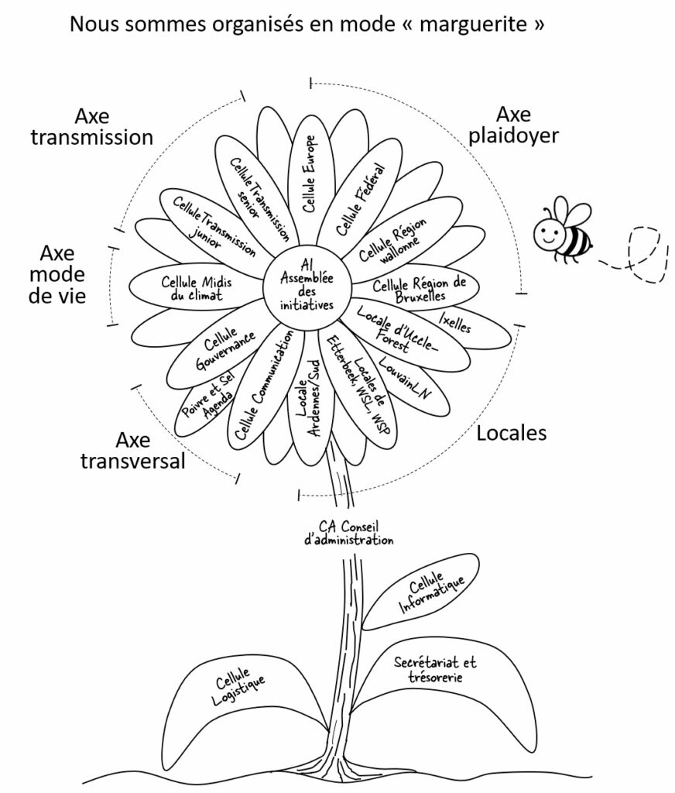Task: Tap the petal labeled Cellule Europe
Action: (x=309, y=173)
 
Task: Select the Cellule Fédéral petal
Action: (x=361, y=197)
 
